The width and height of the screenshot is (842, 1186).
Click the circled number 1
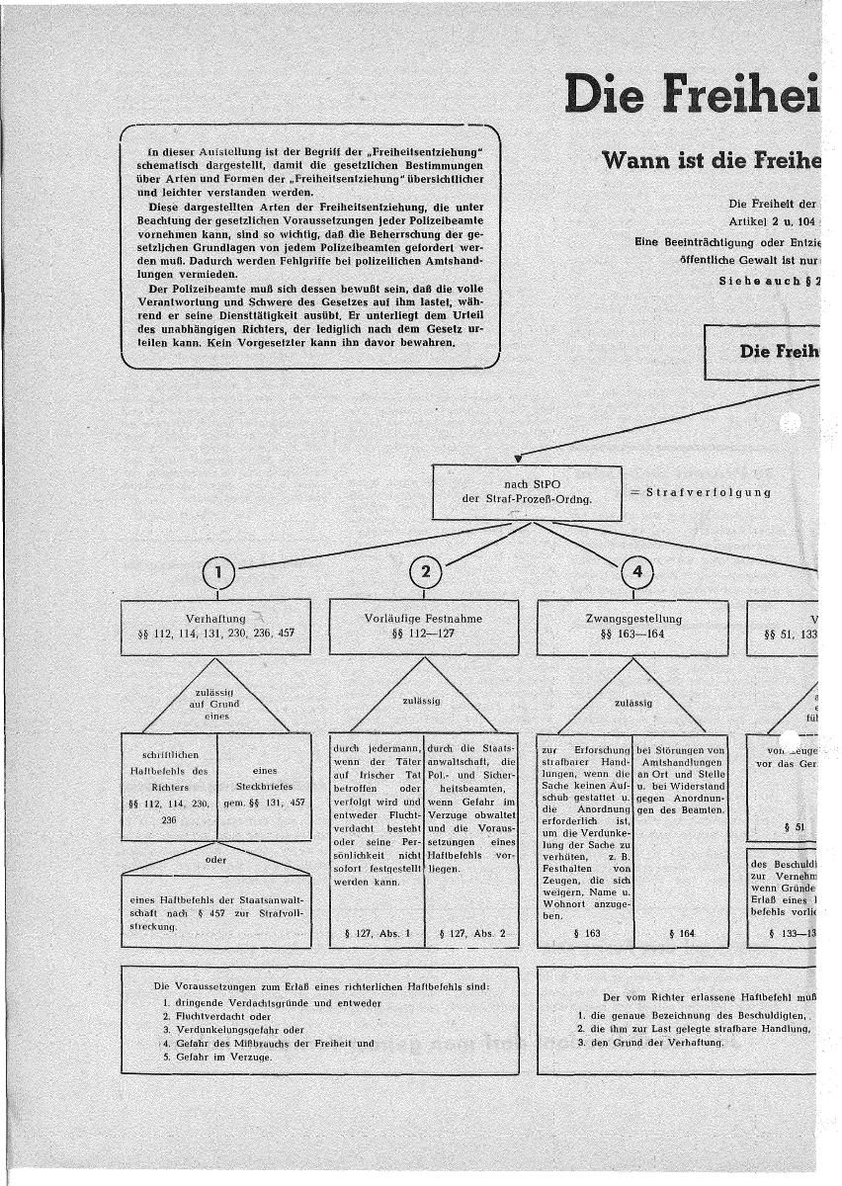(x=218, y=571)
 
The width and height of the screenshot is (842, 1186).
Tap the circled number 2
(x=425, y=571)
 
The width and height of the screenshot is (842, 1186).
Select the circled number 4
(x=636, y=571)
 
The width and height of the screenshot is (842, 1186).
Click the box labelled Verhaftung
(x=215, y=626)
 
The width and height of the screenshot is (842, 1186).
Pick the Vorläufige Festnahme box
(x=423, y=626)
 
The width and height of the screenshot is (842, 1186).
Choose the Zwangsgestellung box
(x=632, y=626)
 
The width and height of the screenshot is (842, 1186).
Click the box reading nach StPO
(x=528, y=491)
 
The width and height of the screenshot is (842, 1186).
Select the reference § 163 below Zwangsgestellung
(x=586, y=932)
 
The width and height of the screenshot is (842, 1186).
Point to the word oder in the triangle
(x=215, y=859)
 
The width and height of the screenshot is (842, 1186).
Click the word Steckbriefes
(x=264, y=788)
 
